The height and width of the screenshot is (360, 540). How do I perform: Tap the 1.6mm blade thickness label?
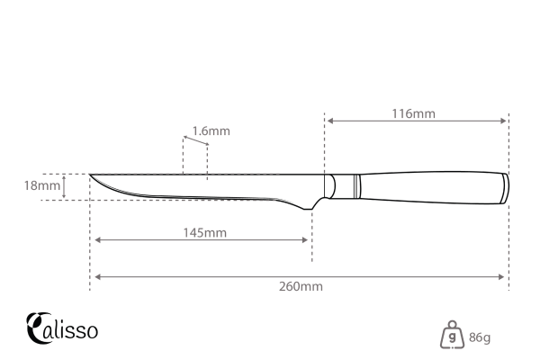pos(212,130)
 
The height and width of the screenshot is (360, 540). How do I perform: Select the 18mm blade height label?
pos(41,186)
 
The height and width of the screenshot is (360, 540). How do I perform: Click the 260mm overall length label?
pos(300,286)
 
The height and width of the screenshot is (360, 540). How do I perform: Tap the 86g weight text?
pos(479,337)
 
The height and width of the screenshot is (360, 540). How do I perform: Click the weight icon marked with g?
pos(452,337)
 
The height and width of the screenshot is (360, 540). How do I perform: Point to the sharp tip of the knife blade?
pos(91,175)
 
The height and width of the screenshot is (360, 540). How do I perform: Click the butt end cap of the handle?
pos(502,186)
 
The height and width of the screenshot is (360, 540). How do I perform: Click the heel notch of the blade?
pos(310,209)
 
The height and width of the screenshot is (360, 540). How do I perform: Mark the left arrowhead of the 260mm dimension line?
pos(96,276)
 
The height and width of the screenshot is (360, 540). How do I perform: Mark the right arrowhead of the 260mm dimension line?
pos(504,276)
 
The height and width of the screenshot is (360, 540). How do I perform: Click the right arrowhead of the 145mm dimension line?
pos(307,240)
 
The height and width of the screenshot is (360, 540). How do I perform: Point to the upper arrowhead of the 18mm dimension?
pos(65,177)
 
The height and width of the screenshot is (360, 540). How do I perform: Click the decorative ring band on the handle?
pos(357,186)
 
